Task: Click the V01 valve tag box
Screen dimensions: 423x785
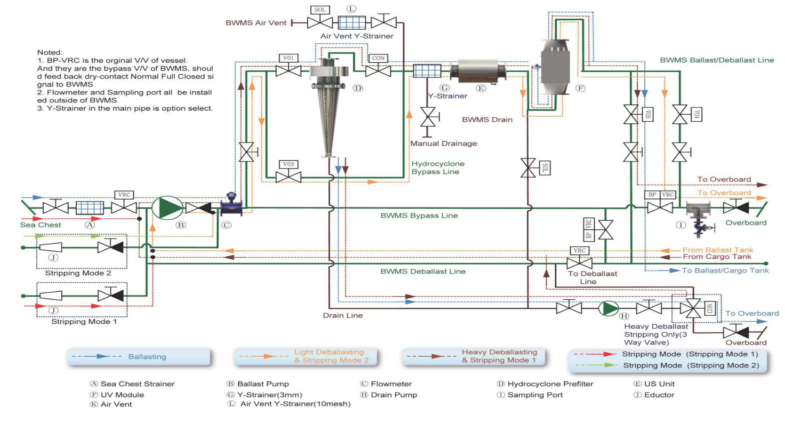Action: [x=288, y=58]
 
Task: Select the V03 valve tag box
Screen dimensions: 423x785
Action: [x=288, y=164]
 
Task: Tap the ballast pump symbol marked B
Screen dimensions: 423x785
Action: [x=168, y=208]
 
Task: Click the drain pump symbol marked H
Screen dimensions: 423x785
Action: [x=609, y=308]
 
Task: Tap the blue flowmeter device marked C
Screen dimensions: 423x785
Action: [x=231, y=205]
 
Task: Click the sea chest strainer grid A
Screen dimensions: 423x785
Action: [x=90, y=208]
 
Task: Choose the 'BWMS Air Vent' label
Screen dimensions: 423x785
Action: [x=256, y=23]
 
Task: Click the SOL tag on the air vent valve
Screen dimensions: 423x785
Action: [x=320, y=9]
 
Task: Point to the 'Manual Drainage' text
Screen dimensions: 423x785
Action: [x=443, y=144]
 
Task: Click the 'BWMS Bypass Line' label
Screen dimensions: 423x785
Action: [x=419, y=215]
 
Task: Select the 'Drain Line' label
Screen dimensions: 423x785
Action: [x=343, y=315]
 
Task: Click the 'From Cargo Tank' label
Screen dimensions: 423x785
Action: [x=717, y=257]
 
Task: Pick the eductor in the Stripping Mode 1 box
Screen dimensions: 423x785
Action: [x=50, y=295]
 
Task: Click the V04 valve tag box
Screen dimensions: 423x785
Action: [x=697, y=114]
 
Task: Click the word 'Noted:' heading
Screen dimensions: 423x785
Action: [x=50, y=52]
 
